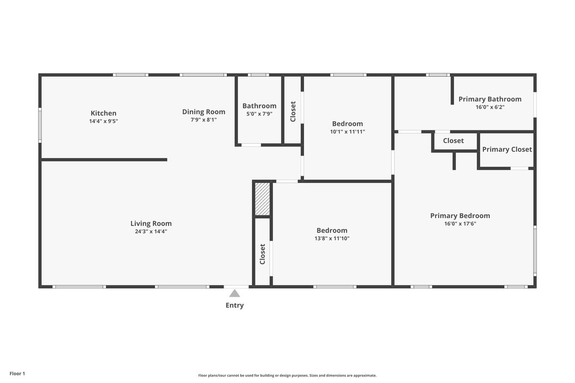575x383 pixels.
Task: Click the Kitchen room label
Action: [x=103, y=113]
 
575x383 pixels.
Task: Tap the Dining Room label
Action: [x=203, y=112]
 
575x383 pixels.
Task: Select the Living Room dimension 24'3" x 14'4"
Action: [x=151, y=231]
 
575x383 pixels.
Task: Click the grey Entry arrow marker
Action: [x=234, y=293]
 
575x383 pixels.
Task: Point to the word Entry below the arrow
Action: [x=234, y=305]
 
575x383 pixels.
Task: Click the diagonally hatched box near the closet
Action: [x=262, y=199]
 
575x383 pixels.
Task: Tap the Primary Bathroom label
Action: [x=490, y=99]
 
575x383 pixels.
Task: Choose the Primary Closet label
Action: [x=507, y=149]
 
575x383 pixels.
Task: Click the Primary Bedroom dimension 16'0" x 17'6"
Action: [x=460, y=223]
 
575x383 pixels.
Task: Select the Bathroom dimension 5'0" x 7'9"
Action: [x=259, y=113]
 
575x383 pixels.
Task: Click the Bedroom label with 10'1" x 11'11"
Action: [x=347, y=124]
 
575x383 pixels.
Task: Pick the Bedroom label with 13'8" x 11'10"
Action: [x=332, y=230]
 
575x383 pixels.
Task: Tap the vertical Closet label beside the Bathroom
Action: [x=293, y=112]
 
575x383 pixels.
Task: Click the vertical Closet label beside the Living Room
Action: [x=262, y=254]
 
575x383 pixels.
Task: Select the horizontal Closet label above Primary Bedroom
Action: [x=453, y=141]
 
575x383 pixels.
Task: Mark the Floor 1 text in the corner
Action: [x=17, y=373]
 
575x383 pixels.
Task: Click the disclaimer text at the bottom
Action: [x=287, y=376]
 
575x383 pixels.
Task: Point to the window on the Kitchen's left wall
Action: [x=40, y=126]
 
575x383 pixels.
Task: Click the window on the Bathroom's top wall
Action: [x=258, y=75]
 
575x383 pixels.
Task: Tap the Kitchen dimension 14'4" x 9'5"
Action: [x=103, y=121]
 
